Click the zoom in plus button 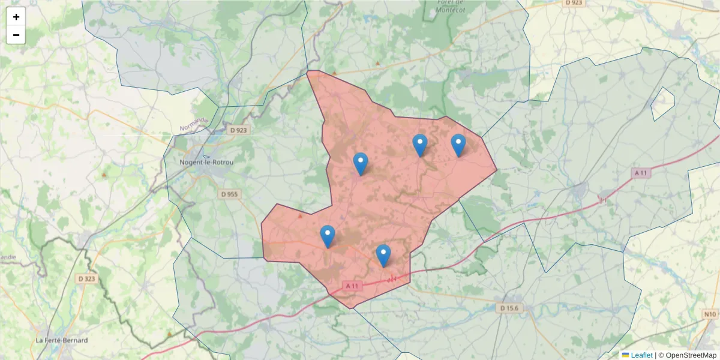coord(16,17)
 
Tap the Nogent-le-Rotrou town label coord(207,163)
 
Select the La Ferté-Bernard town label coord(62,340)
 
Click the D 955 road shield coord(229,194)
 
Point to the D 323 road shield coord(86,279)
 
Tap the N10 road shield coord(710,314)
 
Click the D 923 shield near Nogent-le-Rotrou coord(238,130)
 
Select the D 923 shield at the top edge coord(574,3)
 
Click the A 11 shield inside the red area coord(352,286)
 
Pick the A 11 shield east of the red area coord(641,173)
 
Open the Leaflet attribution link coord(641,355)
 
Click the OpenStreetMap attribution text coord(688,355)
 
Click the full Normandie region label coord(194,124)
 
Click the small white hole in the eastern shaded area coord(662,104)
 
